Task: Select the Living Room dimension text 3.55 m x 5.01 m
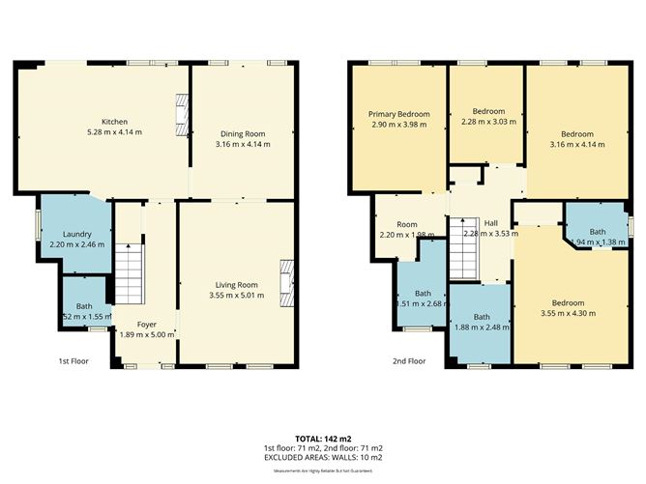[236, 295]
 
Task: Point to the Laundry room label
[77, 236]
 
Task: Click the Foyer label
[146, 324]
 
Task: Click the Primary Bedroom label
[398, 114]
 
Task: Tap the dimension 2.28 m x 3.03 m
[488, 122]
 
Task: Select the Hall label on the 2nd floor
[491, 222]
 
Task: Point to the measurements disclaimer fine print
[322, 470]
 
